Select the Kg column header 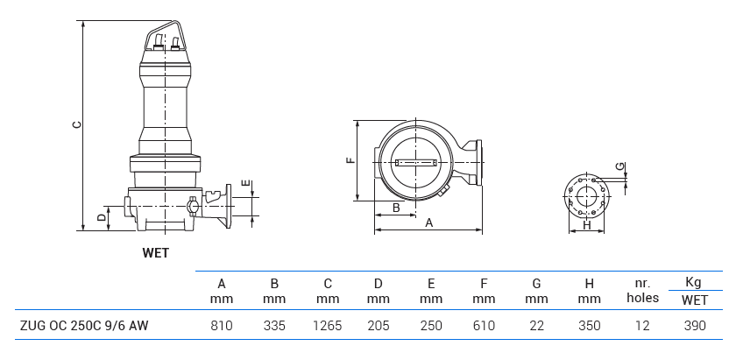[x=694, y=282]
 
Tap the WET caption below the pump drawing [x=155, y=253]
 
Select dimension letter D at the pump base [x=102, y=215]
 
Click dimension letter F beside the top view [x=350, y=160]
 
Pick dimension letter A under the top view [x=429, y=222]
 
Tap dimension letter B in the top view [x=396, y=208]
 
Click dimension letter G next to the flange [x=619, y=166]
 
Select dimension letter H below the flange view [x=587, y=225]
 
